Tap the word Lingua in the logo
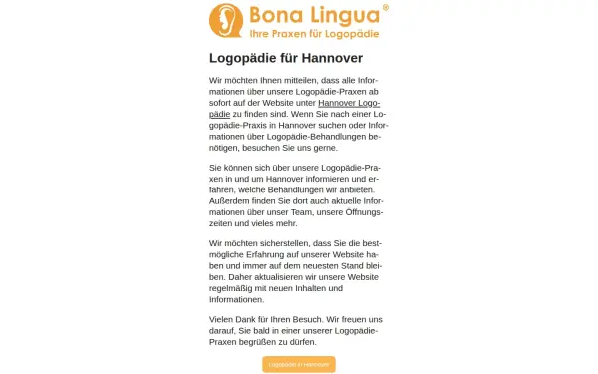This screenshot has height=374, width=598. click(x=343, y=16)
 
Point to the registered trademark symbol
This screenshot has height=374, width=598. click(x=385, y=8)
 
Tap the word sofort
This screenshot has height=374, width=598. click(x=222, y=103)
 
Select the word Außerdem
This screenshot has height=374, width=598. click(x=229, y=200)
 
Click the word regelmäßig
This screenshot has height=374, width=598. click(x=233, y=287)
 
